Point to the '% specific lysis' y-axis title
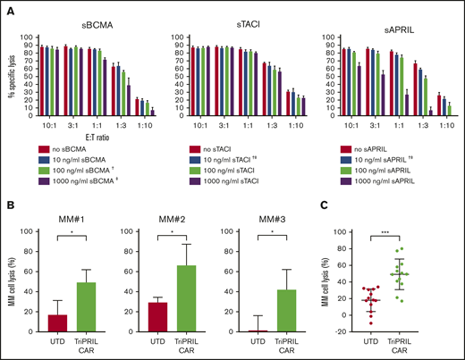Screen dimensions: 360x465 [x=9, y=76]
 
